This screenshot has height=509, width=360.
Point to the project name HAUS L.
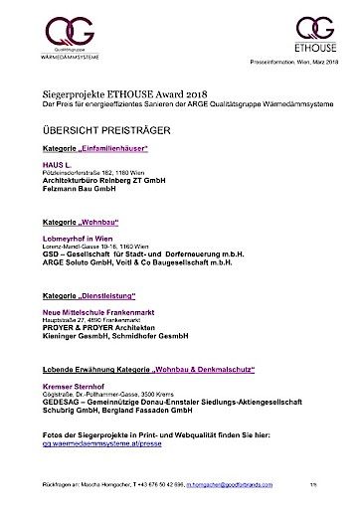pyautogui.click(x=57, y=164)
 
